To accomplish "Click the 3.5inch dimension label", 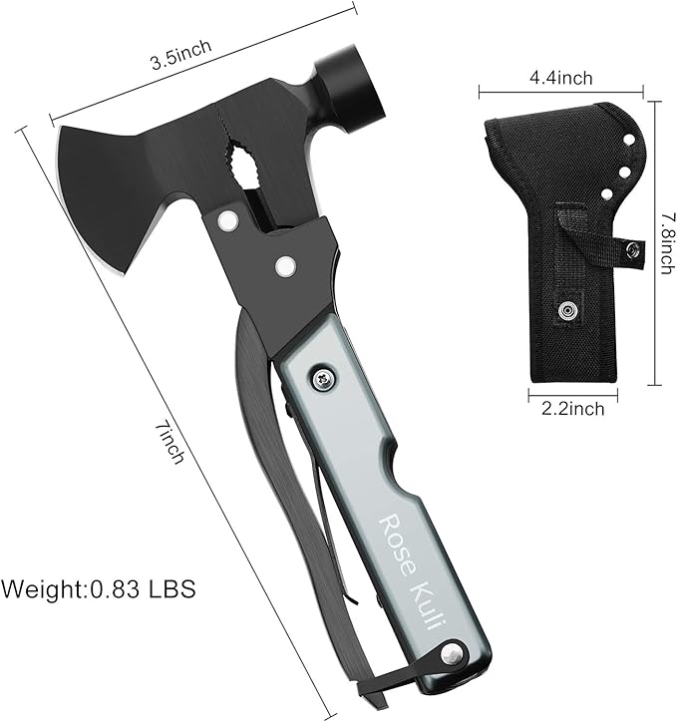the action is [x=181, y=54].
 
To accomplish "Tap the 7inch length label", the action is [x=170, y=444].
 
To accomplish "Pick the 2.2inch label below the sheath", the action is [x=572, y=409].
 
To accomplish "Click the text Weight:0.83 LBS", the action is [x=98, y=588].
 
